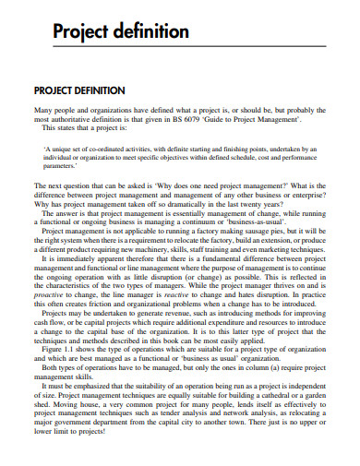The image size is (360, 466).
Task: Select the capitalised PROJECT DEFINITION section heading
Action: pyautogui.click(x=91, y=90)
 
